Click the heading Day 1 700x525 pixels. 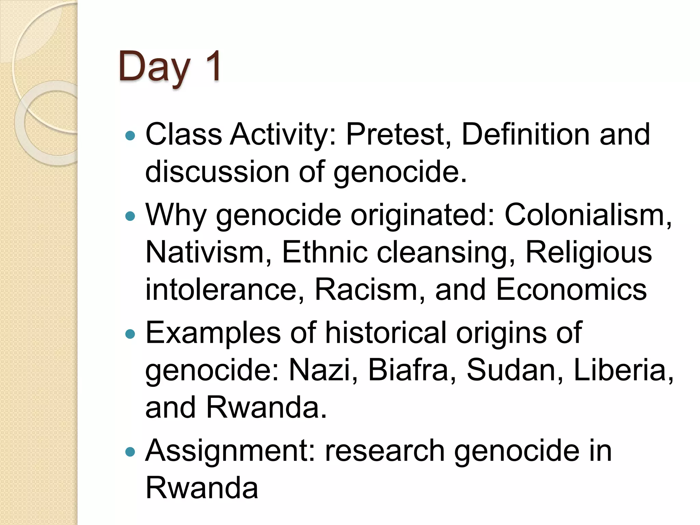(170, 67)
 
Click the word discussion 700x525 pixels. (217, 172)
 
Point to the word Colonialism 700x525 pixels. (588, 215)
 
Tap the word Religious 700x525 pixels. (589, 253)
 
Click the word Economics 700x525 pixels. (571, 290)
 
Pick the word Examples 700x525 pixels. (213, 333)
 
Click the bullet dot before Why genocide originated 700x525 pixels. (130, 216)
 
